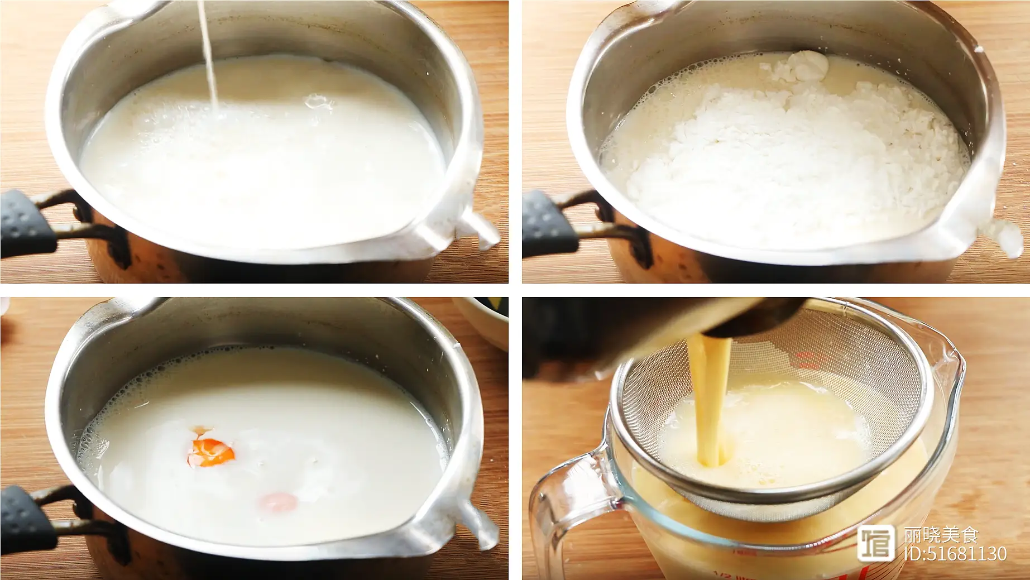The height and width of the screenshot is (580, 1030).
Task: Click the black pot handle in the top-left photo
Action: coord(28,223)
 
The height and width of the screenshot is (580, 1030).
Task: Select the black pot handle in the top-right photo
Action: coord(550,223)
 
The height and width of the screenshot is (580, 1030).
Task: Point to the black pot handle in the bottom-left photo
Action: coord(28,519)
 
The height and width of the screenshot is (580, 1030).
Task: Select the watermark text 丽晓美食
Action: coord(941,535)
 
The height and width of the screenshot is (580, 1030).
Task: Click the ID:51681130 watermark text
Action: coord(955,553)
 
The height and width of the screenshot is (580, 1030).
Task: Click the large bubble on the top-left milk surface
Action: coord(317,102)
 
